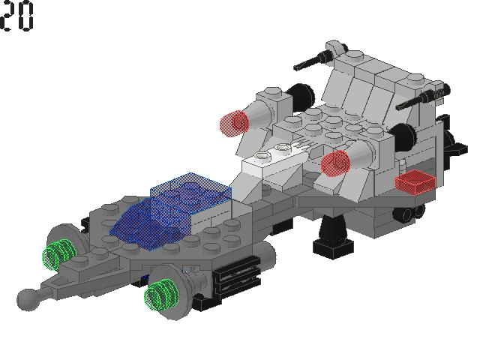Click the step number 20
pyautogui.click(x=16, y=16)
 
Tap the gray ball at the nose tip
pyautogui.click(x=28, y=300)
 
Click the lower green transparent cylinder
pyautogui.click(x=161, y=295)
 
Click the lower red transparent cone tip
pyautogui.click(x=335, y=163)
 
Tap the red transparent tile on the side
pyautogui.click(x=415, y=181)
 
